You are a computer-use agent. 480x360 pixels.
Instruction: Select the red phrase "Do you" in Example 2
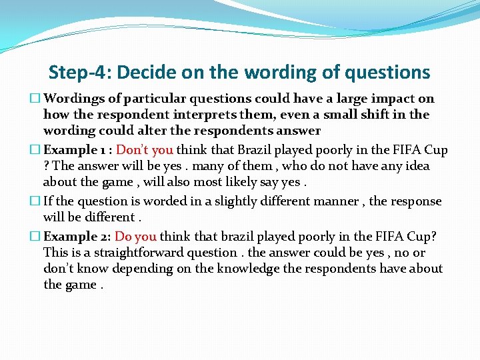click(x=136, y=237)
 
